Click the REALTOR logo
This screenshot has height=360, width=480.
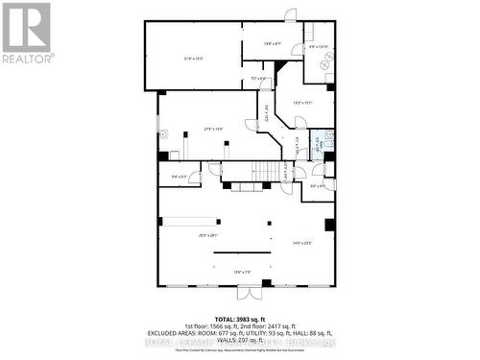point(26,33)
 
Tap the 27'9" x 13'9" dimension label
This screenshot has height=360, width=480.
point(212,129)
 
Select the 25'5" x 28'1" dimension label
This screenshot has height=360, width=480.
point(209,235)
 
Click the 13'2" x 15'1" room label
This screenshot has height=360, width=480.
point(302,102)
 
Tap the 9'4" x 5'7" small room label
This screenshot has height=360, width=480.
point(180,177)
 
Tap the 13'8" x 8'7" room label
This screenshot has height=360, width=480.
point(273,43)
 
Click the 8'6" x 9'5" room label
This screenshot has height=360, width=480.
point(318,186)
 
